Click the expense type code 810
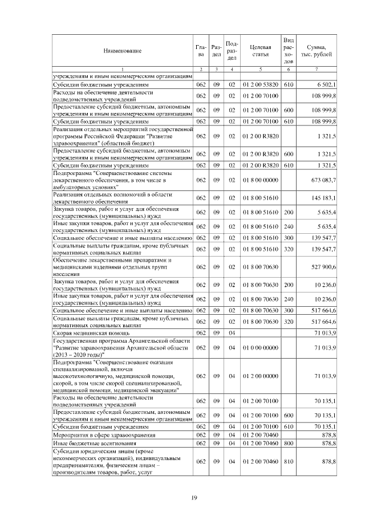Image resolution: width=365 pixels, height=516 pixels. coord(289,461)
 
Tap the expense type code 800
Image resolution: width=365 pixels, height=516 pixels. coord(289,442)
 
